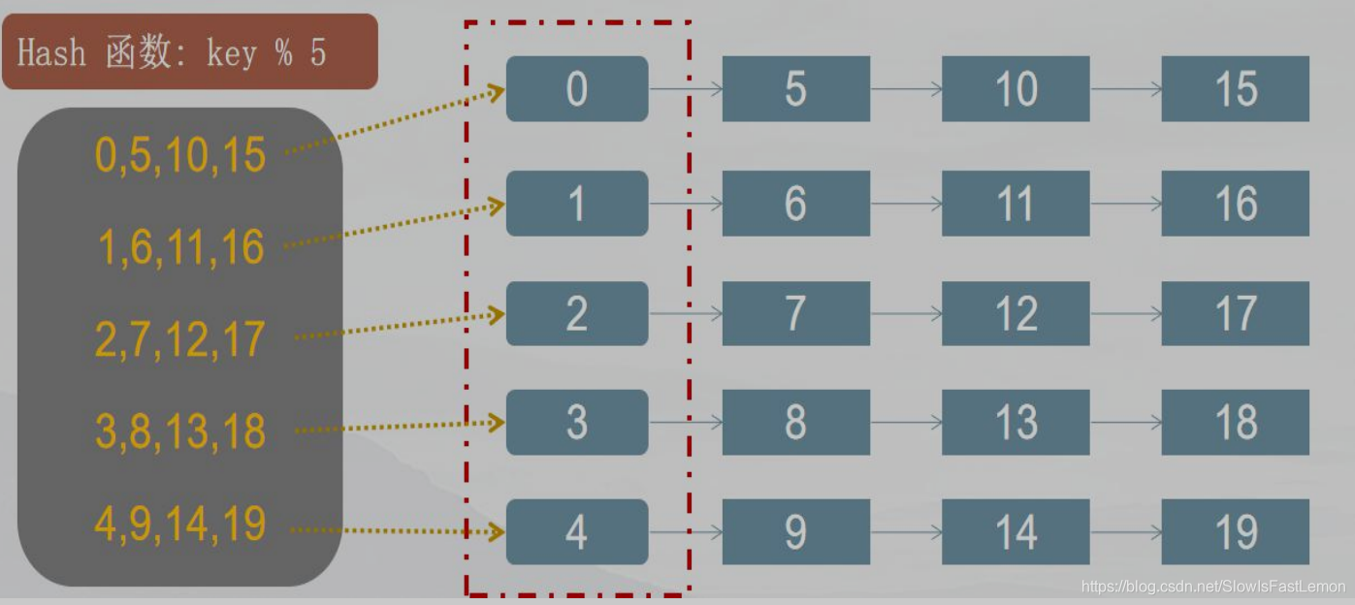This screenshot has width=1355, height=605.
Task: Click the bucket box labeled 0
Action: (x=577, y=89)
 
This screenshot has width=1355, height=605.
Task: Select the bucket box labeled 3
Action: (x=577, y=423)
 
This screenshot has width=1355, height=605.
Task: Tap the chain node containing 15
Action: (x=1235, y=89)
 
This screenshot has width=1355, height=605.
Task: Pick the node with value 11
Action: (x=1016, y=204)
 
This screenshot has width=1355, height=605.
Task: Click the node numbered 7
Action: (x=795, y=313)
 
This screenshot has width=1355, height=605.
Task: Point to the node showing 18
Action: (x=1235, y=423)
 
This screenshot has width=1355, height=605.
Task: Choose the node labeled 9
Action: (x=795, y=532)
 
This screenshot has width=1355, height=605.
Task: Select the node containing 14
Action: (x=1016, y=532)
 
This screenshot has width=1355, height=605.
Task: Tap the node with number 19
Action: (x=1235, y=532)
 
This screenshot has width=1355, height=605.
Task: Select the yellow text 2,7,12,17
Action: (x=180, y=339)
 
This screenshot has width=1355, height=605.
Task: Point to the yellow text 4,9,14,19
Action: (x=180, y=525)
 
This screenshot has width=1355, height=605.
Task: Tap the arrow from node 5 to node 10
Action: (x=906, y=89)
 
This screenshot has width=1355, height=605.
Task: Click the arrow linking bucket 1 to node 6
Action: (x=686, y=204)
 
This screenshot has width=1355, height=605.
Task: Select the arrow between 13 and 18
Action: (x=1125, y=423)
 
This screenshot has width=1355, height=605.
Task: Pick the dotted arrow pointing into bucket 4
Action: (x=398, y=531)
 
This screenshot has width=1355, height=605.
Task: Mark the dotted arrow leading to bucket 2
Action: (x=398, y=326)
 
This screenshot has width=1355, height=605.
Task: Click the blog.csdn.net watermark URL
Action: (x=1212, y=587)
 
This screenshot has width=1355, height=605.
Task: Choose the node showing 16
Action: (x=1235, y=204)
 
